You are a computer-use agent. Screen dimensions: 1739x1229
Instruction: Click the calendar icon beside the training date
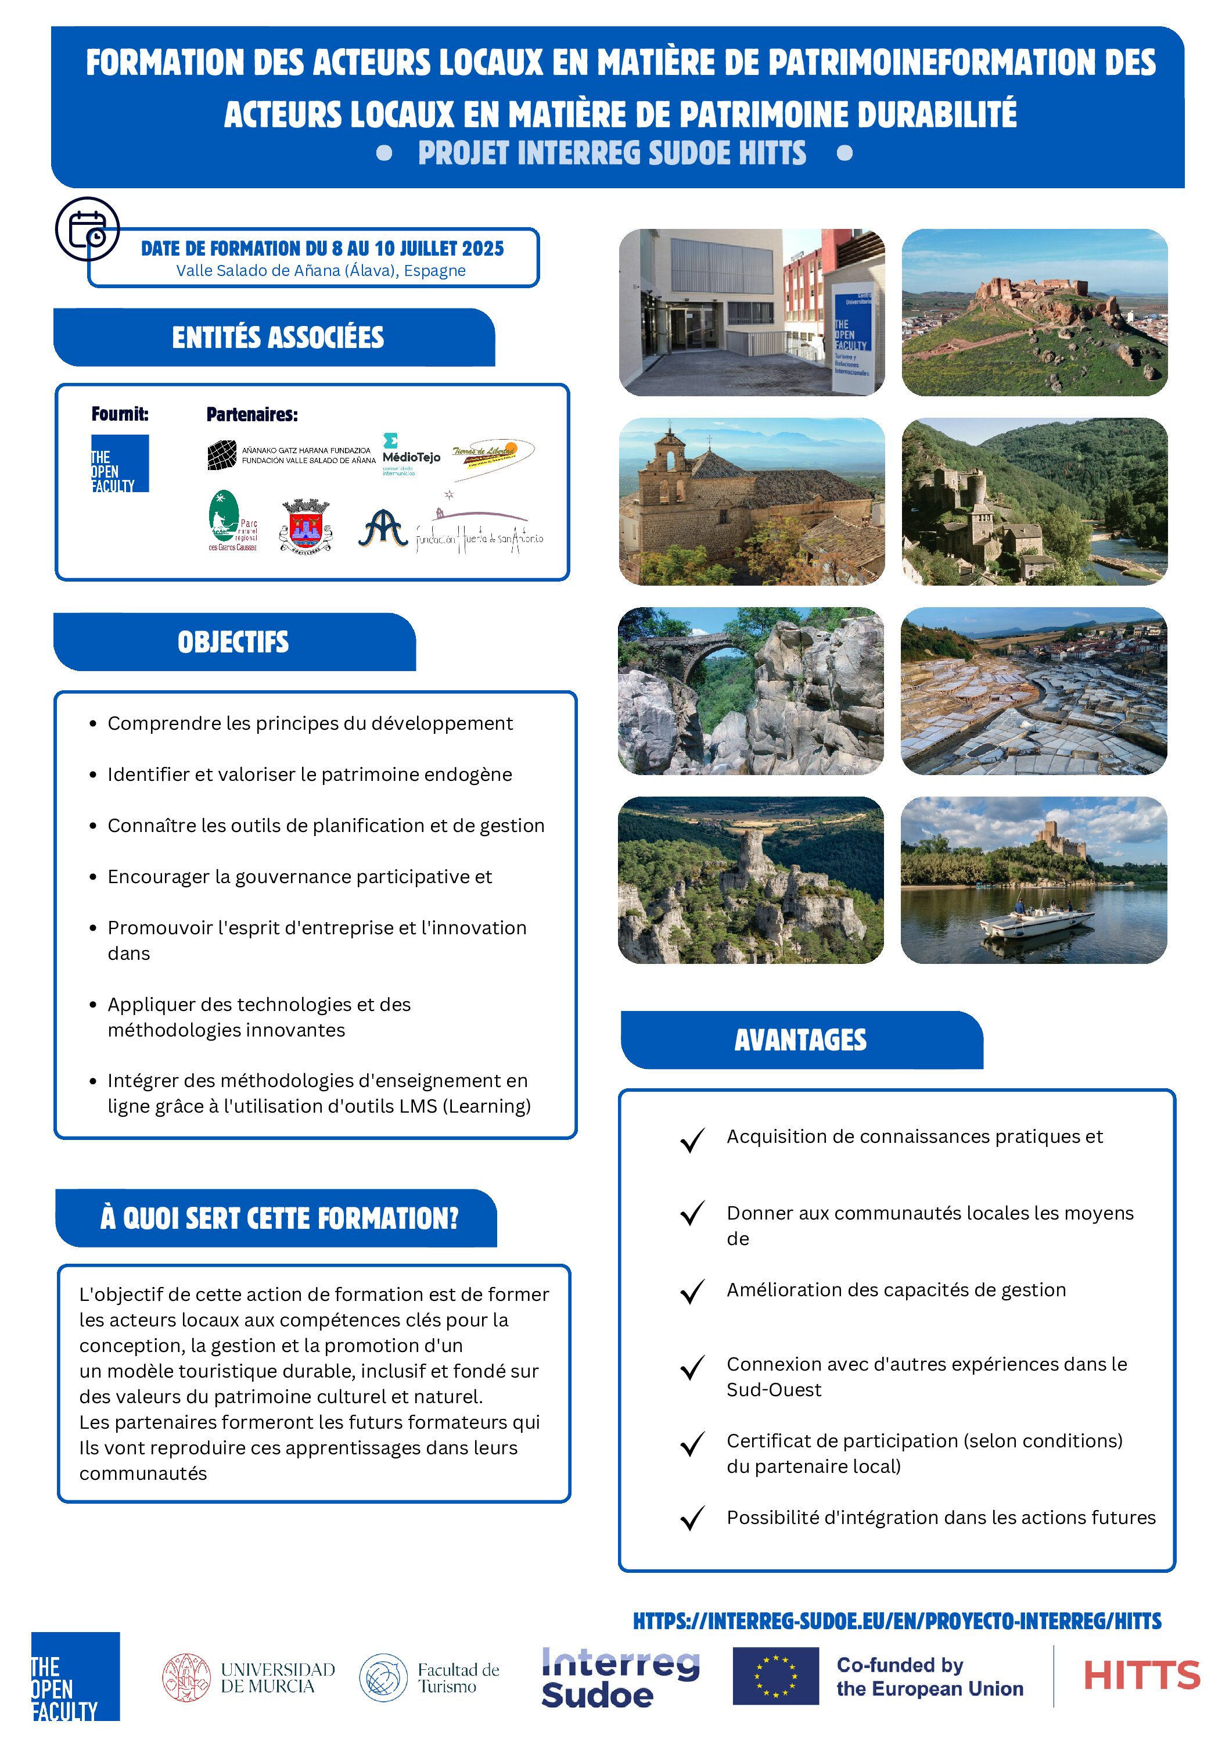[x=87, y=229]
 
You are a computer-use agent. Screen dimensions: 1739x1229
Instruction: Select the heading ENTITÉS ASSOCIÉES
[x=277, y=337]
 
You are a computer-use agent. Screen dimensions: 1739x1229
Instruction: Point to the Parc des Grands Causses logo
[x=232, y=521]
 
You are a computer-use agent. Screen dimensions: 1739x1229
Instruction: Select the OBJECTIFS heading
[x=233, y=642]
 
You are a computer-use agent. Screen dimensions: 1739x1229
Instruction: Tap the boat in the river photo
[x=1036, y=920]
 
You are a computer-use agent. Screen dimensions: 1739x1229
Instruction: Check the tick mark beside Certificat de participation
[x=692, y=1444]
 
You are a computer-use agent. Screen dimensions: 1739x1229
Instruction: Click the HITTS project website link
[x=897, y=1621]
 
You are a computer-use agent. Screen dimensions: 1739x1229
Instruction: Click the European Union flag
[x=775, y=1676]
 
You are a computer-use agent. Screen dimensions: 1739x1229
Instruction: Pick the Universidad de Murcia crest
[x=186, y=1677]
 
